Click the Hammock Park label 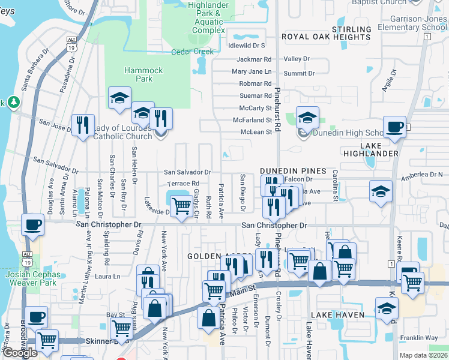pos(143,74)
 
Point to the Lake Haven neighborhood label pos(337,315)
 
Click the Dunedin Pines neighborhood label pos(293,170)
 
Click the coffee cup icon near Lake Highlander pos(394,127)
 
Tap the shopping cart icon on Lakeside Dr pos(181,206)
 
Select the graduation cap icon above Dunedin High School pos(307,118)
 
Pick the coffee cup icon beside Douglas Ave pos(32,225)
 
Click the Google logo pos(20,353)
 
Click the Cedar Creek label pos(192,52)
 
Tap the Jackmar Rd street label pos(254,59)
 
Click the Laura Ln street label pos(108,277)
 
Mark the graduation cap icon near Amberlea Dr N pos(380,191)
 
